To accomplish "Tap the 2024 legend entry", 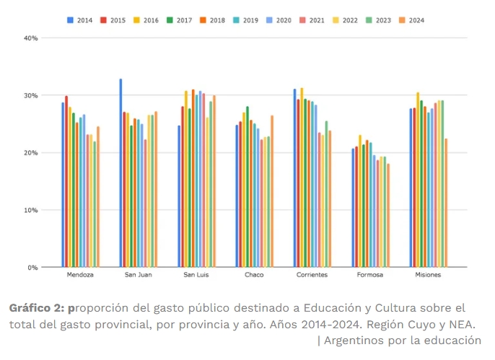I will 411,20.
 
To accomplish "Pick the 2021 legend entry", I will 312,20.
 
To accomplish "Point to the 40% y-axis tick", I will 30,38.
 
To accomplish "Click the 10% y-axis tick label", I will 30,210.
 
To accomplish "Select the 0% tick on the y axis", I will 32,268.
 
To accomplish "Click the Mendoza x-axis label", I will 80,275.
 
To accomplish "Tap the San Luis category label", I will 196,275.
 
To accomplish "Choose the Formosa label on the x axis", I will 370,275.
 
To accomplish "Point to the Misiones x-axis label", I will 428,275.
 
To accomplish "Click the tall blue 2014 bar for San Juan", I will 121,173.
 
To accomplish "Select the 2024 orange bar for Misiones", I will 446,203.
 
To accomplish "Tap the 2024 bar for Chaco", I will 272,191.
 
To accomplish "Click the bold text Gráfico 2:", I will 36,308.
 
